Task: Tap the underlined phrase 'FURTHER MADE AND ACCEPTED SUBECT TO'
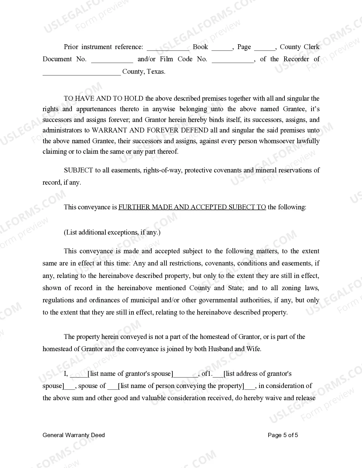click(x=192, y=207)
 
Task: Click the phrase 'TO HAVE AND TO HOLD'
click(x=104, y=98)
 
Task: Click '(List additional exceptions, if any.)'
click(x=112, y=232)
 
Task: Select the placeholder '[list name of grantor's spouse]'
click(x=130, y=374)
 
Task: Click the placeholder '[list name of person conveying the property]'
click(x=181, y=386)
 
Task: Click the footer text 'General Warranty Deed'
click(x=74, y=435)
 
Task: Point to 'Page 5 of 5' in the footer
click(x=283, y=435)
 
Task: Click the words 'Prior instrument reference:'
click(x=103, y=47)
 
